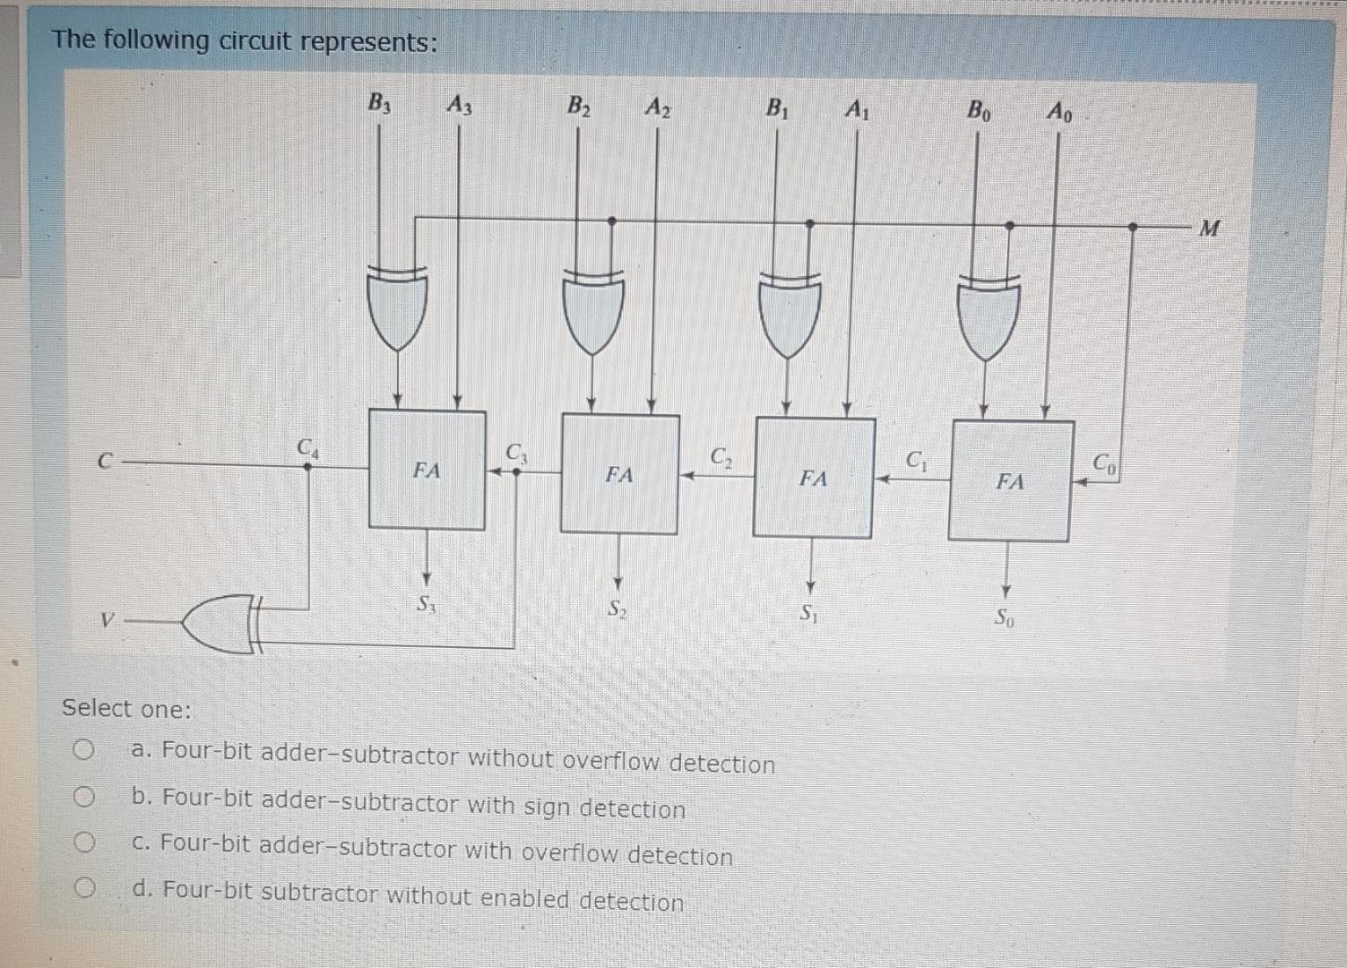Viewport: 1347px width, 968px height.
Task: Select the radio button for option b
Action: click(84, 796)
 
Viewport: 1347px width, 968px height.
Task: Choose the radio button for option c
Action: click(84, 842)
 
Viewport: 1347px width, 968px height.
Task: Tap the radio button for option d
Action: click(84, 887)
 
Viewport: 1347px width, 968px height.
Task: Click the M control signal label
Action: click(1209, 229)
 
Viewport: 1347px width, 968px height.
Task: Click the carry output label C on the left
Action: click(106, 462)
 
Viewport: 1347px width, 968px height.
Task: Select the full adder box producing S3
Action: click(427, 470)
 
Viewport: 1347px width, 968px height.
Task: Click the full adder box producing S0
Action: click(1009, 481)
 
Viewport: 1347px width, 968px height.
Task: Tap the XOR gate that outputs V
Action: click(220, 622)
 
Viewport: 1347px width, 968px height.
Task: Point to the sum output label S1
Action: click(809, 614)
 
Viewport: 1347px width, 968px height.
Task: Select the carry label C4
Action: click(307, 445)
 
